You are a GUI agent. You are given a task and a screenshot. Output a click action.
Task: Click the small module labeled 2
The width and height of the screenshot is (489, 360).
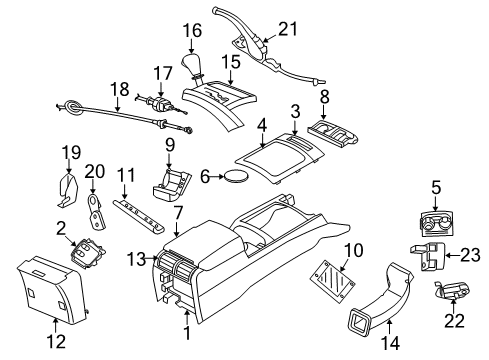86,251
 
